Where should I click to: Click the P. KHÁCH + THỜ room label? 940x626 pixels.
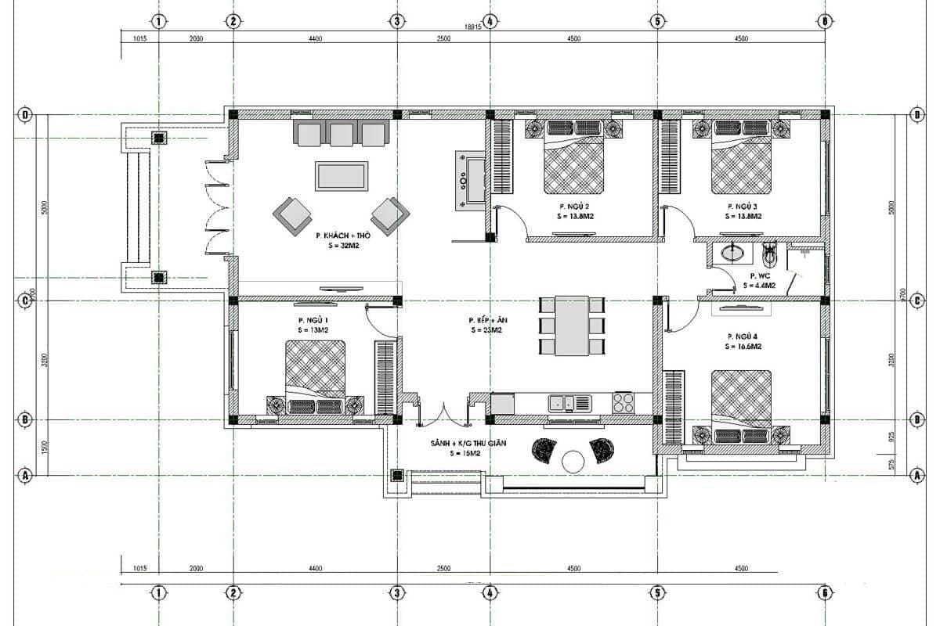tap(343, 235)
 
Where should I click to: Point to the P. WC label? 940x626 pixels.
tap(759, 275)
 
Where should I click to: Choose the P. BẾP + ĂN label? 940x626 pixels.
tap(486, 320)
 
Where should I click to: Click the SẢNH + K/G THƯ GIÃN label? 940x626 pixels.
tap(468, 443)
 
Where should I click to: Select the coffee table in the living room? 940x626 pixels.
tap(342, 175)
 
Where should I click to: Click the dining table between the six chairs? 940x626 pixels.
tap(572, 326)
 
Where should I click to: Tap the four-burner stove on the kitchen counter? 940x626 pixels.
tap(624, 403)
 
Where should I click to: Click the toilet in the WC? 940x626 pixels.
tap(769, 254)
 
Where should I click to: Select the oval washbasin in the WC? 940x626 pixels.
tap(733, 253)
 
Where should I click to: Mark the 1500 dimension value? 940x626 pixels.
tap(45, 447)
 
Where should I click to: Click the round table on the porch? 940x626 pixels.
tap(573, 462)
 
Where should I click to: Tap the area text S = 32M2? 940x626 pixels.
tap(343, 245)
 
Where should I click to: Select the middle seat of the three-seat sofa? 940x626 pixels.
tap(342, 135)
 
